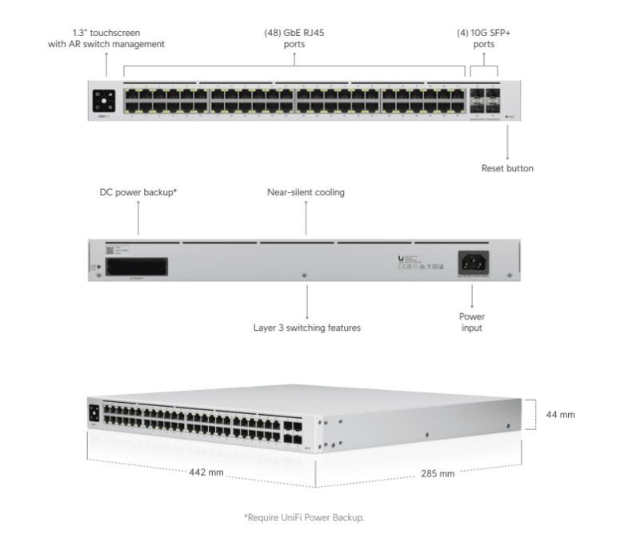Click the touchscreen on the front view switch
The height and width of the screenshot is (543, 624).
pos(105,101)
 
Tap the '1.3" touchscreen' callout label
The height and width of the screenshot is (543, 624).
pos(106,38)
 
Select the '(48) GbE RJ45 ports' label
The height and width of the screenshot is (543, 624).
pos(294,38)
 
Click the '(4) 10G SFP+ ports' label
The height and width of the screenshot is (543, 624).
pos(483,38)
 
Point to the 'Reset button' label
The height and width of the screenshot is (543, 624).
pos(507,168)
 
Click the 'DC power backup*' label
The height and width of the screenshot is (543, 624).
pos(138,193)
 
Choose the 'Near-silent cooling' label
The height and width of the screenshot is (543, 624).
pos(306,193)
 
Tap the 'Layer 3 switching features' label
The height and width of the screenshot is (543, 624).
pos(307,328)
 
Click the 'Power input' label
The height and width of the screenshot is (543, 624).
pos(472,322)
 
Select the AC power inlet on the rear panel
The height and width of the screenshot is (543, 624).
pos(472,262)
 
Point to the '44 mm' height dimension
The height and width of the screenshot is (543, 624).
pos(561,415)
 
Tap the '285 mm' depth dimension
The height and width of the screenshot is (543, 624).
pos(438,473)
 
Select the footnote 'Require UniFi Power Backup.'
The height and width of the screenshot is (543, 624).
pos(304,518)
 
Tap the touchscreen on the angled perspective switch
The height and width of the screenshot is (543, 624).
pos(94,412)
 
